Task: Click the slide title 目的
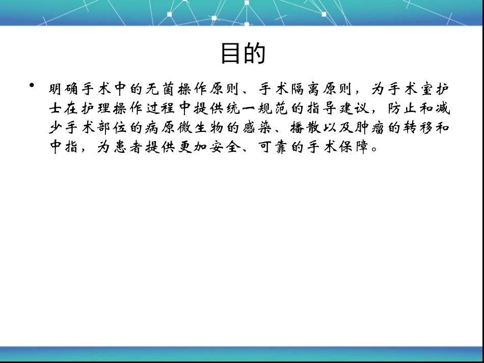tap(243, 53)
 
